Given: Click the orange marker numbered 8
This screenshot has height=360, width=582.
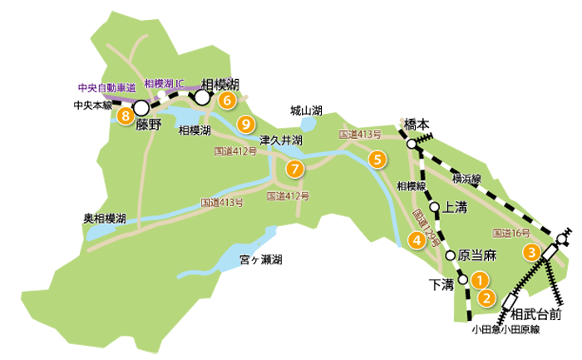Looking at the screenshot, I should (x=125, y=116).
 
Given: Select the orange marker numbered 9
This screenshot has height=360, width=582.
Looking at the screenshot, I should (x=244, y=125).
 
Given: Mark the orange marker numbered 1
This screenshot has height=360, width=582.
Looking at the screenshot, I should (x=480, y=280).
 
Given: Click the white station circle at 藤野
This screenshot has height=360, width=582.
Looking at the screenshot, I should (x=141, y=108).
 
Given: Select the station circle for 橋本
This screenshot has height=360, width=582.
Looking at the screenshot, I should (x=412, y=145).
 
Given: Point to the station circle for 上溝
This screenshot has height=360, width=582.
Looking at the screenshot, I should (x=434, y=207).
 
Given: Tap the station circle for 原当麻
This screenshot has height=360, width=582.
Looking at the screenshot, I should (x=450, y=255).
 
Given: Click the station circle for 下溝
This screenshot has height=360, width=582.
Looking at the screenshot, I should (x=463, y=280).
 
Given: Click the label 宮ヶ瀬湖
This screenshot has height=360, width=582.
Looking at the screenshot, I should (x=260, y=259).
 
